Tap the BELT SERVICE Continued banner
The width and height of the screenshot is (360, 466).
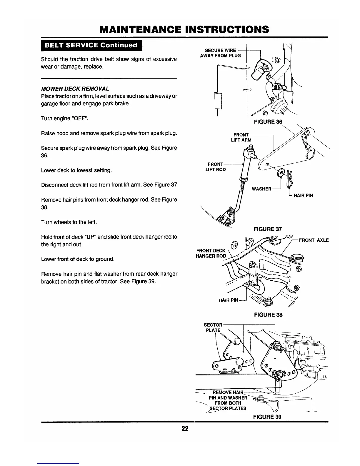[91, 45]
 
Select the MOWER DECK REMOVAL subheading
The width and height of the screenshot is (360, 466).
[75, 89]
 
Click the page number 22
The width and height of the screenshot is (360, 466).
[185, 428]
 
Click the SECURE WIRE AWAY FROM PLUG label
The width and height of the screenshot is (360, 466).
[220, 53]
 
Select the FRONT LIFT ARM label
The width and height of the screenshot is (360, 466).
[241, 137]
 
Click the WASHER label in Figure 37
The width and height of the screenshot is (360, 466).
[261, 189]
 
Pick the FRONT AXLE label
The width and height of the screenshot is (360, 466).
[314, 240]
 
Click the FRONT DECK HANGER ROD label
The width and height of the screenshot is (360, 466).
[211, 253]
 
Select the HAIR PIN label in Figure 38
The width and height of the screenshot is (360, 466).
[228, 300]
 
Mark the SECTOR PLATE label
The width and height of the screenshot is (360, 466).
[213, 327]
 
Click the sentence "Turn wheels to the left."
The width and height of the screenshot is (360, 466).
[69, 222]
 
